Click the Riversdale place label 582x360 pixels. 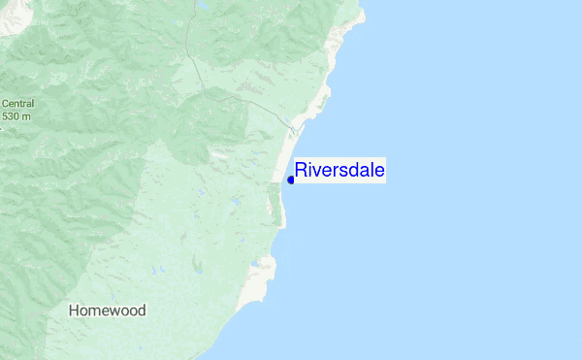[x=339, y=171]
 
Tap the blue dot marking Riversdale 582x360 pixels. [x=291, y=180]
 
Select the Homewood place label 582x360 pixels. [x=108, y=311]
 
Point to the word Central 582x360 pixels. [x=17, y=104]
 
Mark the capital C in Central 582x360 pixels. [x=5, y=104]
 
